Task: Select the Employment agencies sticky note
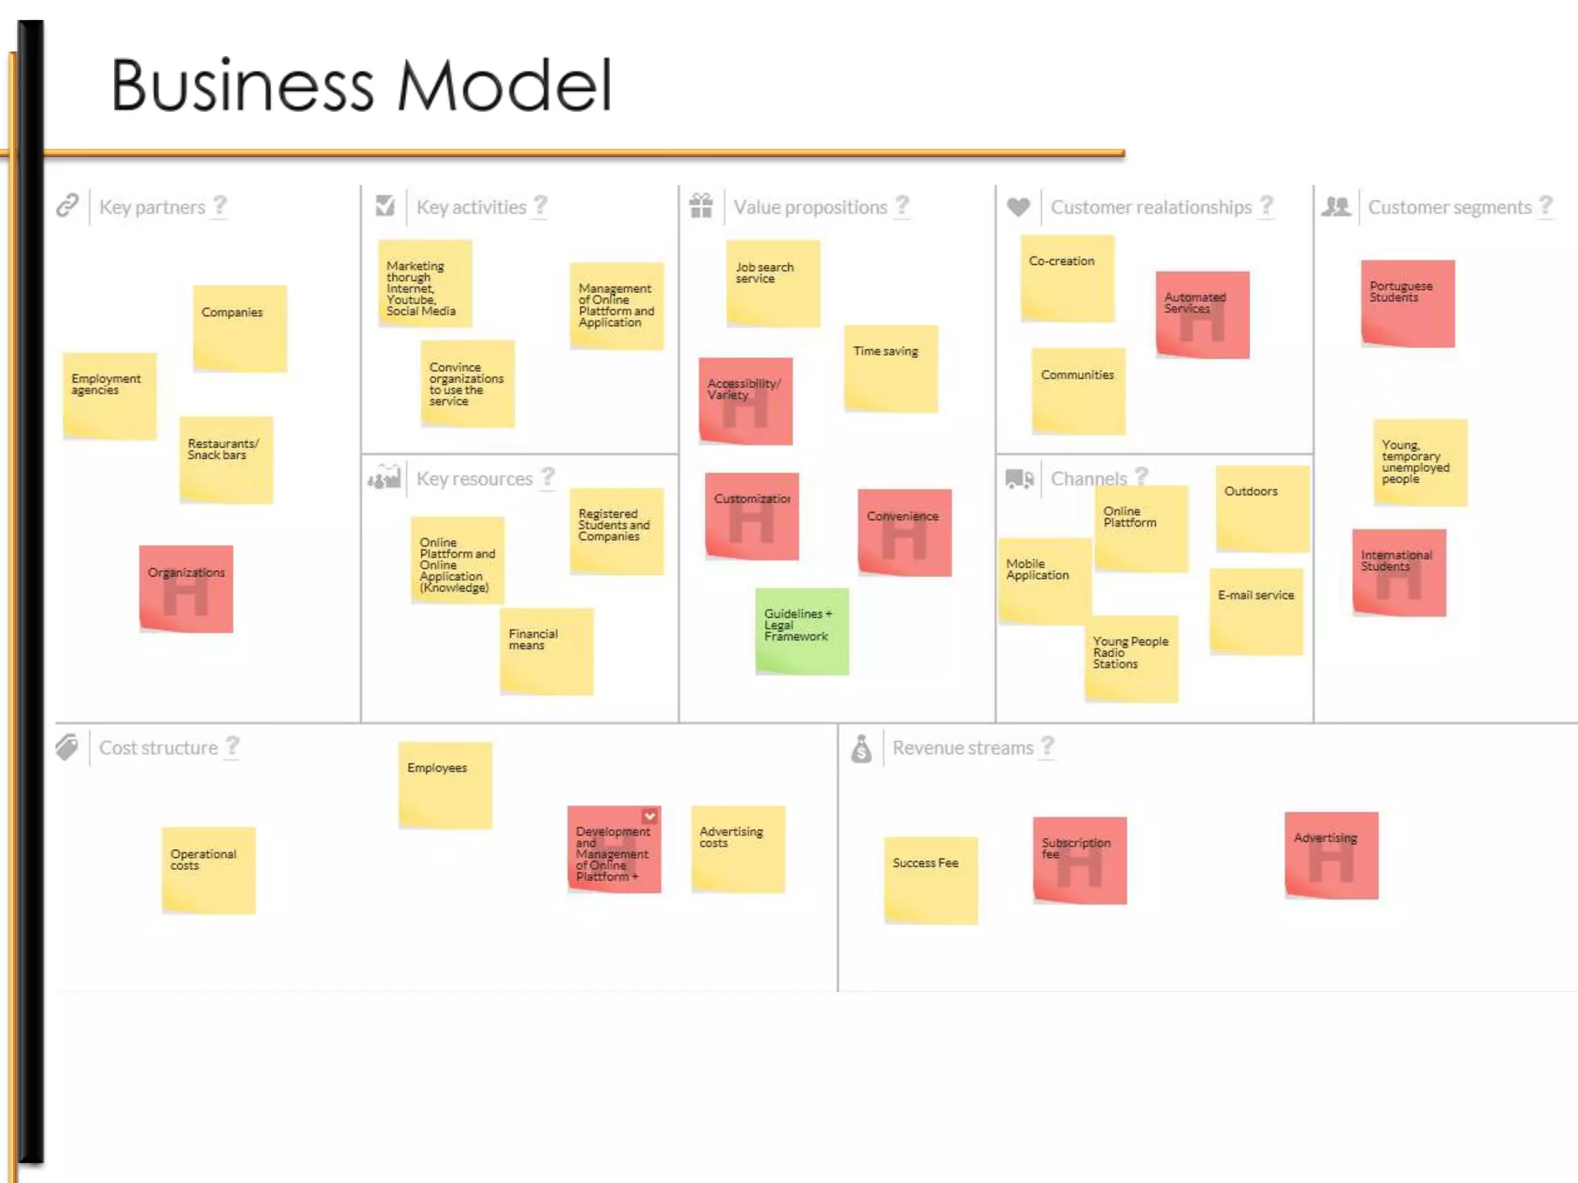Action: click(x=109, y=396)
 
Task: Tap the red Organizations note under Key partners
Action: click(x=186, y=588)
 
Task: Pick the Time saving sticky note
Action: click(x=891, y=368)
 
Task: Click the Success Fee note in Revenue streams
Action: click(x=931, y=880)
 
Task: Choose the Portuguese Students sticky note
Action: click(x=1408, y=303)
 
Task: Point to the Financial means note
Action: click(x=546, y=651)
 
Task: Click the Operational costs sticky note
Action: click(x=208, y=870)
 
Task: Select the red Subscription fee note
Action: click(x=1079, y=860)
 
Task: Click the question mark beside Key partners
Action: click(x=220, y=206)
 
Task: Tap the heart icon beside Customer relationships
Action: click(x=1018, y=206)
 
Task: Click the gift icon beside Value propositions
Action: click(x=700, y=206)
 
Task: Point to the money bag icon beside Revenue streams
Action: click(x=861, y=748)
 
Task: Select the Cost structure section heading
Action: click(x=158, y=748)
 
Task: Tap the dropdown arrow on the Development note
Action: click(x=650, y=816)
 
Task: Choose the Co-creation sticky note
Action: click(x=1067, y=278)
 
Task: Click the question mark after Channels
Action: click(x=1142, y=476)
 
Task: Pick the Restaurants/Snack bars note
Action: click(x=226, y=460)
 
